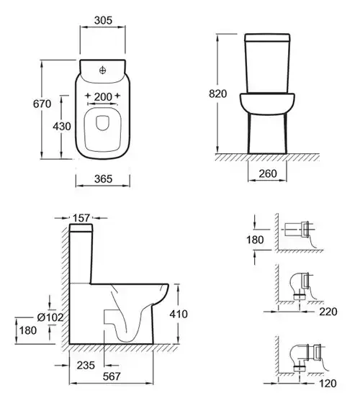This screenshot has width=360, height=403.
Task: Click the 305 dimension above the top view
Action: click(x=103, y=20)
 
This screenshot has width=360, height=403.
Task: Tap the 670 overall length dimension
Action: click(x=42, y=104)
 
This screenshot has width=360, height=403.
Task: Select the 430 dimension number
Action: click(x=62, y=127)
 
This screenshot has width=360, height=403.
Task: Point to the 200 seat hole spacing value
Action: click(x=103, y=97)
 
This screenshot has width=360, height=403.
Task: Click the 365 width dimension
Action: click(x=103, y=179)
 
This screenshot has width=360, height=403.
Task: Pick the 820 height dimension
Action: click(x=217, y=94)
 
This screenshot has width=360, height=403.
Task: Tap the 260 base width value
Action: click(x=268, y=173)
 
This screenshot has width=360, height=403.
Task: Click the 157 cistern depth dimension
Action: click(x=81, y=218)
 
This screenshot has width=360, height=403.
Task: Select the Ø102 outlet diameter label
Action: click(x=50, y=317)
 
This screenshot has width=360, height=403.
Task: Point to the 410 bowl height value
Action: click(x=179, y=314)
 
